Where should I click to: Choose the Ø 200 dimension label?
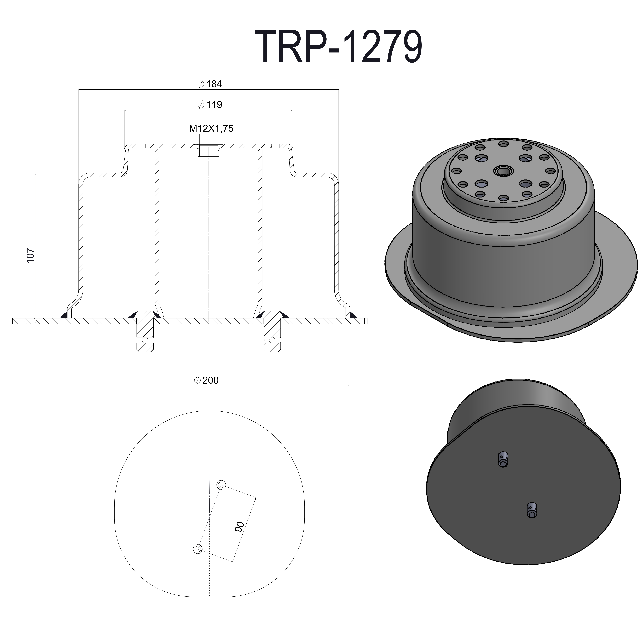(x=206, y=380)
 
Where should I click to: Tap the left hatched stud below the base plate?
(x=145, y=335)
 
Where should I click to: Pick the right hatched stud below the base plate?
(x=272, y=335)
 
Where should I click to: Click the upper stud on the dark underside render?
(x=503, y=459)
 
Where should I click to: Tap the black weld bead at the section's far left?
(x=64, y=316)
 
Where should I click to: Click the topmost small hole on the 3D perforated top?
(x=503, y=144)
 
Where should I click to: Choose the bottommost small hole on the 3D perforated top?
(x=503, y=198)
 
